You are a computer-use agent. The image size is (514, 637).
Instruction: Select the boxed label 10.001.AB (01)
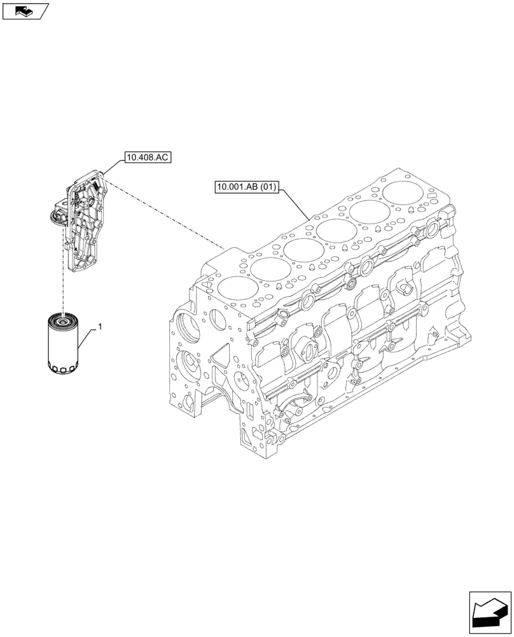pyautogui.click(x=247, y=187)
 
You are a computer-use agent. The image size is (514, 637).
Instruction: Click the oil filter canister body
pyautogui.click(x=62, y=344)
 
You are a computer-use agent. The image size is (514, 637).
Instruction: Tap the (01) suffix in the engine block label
pyautogui.click(x=267, y=187)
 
